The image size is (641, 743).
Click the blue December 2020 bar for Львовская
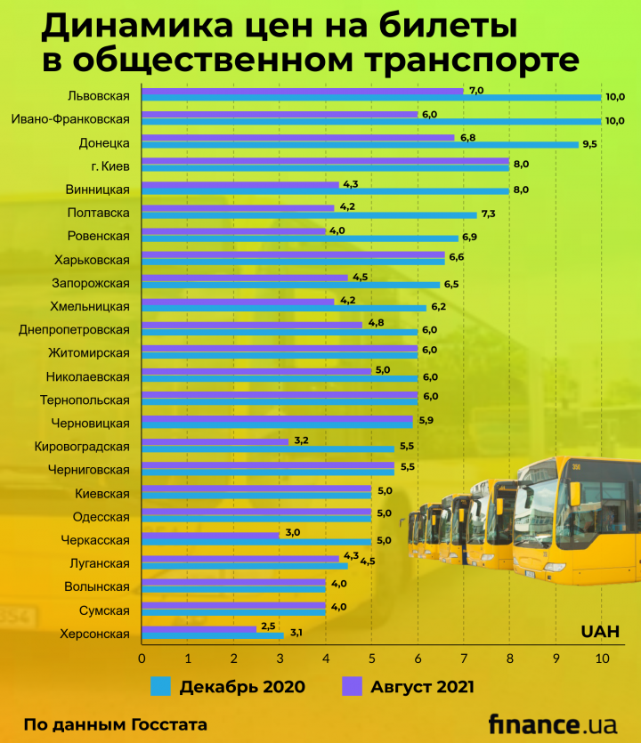[371, 98]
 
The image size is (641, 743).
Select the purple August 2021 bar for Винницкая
[240, 184]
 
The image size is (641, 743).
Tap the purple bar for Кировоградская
[215, 441]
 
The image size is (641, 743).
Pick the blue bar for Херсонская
[212, 635]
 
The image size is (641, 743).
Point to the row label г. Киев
[110, 166]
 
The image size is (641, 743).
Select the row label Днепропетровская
[74, 329]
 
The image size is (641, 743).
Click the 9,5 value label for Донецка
[589, 143]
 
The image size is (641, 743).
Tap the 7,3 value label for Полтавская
[488, 214]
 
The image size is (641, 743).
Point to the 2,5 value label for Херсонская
[268, 626]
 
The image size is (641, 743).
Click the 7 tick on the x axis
[464, 659]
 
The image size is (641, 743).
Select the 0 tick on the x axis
[142, 659]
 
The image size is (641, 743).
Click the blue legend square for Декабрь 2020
[160, 686]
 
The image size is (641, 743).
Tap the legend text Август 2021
[423, 686]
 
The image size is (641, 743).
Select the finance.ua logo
[552, 723]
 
